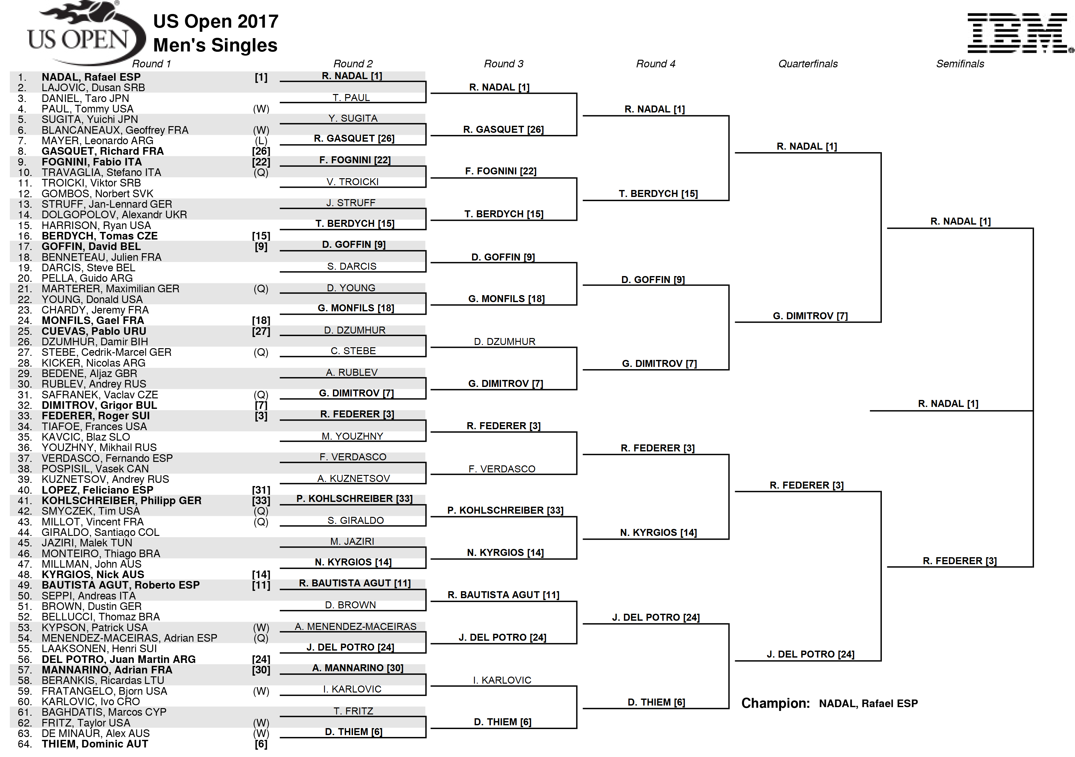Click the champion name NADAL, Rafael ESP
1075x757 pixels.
click(x=868, y=703)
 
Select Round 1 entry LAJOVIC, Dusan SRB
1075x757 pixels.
click(x=93, y=88)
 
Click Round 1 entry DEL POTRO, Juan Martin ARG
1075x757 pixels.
click(x=118, y=659)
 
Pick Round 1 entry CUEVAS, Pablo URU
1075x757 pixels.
click(x=94, y=331)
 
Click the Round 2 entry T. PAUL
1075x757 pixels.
click(x=351, y=98)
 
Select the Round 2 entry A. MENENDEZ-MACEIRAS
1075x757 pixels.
click(x=355, y=626)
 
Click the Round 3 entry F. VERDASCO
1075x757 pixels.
click(x=502, y=469)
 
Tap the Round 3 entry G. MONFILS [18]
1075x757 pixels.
click(x=507, y=299)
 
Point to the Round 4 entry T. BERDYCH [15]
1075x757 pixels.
click(x=658, y=194)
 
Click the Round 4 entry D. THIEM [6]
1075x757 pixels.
click(x=656, y=702)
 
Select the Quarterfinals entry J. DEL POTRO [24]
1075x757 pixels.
click(x=810, y=654)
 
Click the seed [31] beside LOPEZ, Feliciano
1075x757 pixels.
click(x=261, y=490)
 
